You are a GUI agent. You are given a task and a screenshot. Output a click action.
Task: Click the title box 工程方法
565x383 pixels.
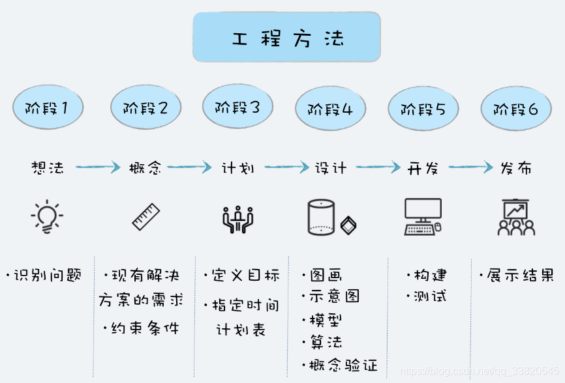click(x=286, y=37)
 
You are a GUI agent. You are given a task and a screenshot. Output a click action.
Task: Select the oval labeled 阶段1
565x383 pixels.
click(x=48, y=106)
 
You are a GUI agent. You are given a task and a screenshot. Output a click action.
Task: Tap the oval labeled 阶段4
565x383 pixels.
click(x=330, y=109)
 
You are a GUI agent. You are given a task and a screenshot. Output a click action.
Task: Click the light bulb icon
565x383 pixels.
click(x=47, y=218)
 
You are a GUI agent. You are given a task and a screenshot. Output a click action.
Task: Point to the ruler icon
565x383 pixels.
click(x=146, y=217)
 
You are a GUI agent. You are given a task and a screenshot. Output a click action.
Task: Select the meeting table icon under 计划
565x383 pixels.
click(x=237, y=219)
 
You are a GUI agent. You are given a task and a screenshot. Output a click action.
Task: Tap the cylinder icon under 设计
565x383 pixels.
click(x=320, y=218)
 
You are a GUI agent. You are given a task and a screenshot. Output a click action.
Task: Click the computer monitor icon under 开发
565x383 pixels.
click(x=423, y=217)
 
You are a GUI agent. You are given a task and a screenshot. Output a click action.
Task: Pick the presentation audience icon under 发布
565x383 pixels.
click(x=516, y=218)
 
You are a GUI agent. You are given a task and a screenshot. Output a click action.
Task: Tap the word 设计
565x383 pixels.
click(x=331, y=167)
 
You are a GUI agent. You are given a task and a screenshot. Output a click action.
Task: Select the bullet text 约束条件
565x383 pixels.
click(x=144, y=328)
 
